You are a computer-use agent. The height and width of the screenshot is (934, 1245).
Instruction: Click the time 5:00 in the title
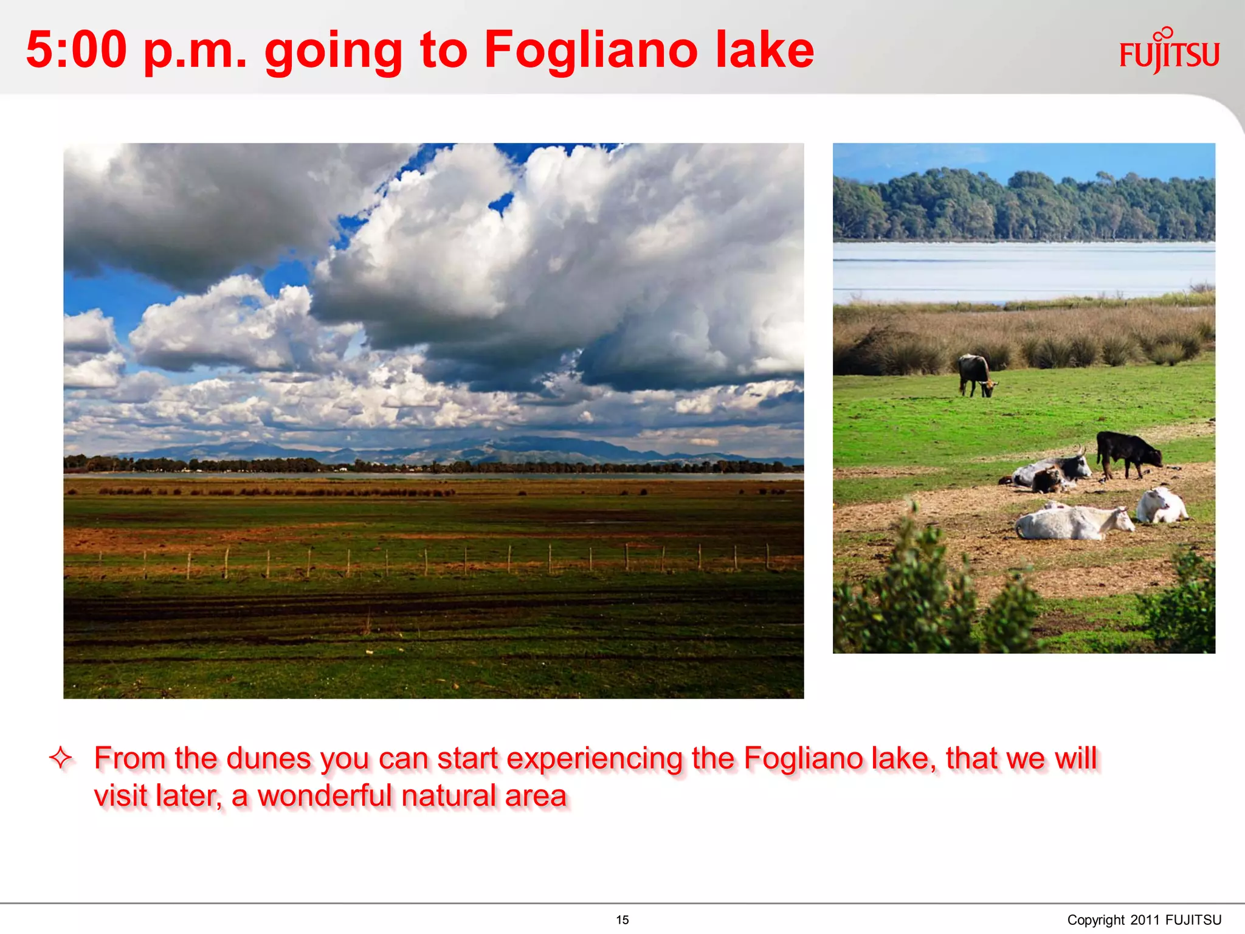click(77, 50)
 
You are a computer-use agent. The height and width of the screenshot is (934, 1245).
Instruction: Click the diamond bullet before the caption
click(61, 758)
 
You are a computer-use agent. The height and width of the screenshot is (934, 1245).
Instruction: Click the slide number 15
click(622, 920)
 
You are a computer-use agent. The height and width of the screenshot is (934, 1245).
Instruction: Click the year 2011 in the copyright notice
click(1145, 920)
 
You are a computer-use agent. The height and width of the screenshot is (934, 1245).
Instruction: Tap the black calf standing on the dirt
click(1128, 453)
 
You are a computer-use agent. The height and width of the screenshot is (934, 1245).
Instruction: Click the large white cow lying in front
click(1070, 523)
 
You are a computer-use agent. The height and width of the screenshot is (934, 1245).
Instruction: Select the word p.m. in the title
click(195, 51)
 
